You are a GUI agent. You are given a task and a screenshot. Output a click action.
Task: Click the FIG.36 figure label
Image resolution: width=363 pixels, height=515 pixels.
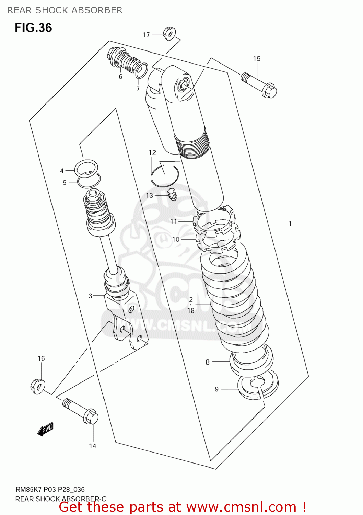(33, 27)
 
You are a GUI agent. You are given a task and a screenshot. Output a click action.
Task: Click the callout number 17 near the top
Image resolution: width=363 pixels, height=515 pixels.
(146, 35)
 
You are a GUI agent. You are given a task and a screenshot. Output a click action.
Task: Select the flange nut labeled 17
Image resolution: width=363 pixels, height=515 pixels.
(169, 34)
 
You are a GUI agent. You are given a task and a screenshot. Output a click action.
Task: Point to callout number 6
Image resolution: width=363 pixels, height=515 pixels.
(120, 77)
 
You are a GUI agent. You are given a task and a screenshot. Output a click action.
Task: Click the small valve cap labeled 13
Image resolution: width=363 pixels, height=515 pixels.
(173, 194)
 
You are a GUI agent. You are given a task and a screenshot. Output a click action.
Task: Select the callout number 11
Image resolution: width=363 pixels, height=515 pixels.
(174, 221)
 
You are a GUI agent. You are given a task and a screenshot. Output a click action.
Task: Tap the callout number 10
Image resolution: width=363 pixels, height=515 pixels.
(176, 239)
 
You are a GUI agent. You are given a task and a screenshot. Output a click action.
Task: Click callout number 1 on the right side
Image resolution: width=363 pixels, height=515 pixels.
(290, 224)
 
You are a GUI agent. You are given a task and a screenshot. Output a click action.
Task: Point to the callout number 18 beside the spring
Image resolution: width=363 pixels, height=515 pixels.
(191, 311)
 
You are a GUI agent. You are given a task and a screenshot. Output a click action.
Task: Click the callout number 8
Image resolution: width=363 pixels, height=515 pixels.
(208, 362)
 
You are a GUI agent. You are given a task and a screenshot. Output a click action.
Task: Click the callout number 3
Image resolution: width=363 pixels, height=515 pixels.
(91, 296)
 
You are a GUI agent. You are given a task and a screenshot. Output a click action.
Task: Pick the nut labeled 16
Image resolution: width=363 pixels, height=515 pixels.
(38, 387)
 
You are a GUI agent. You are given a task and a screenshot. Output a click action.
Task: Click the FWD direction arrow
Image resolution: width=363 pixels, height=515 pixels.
(45, 429)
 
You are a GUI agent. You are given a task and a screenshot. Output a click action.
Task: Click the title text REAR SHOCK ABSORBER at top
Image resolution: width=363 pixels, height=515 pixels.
(65, 10)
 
